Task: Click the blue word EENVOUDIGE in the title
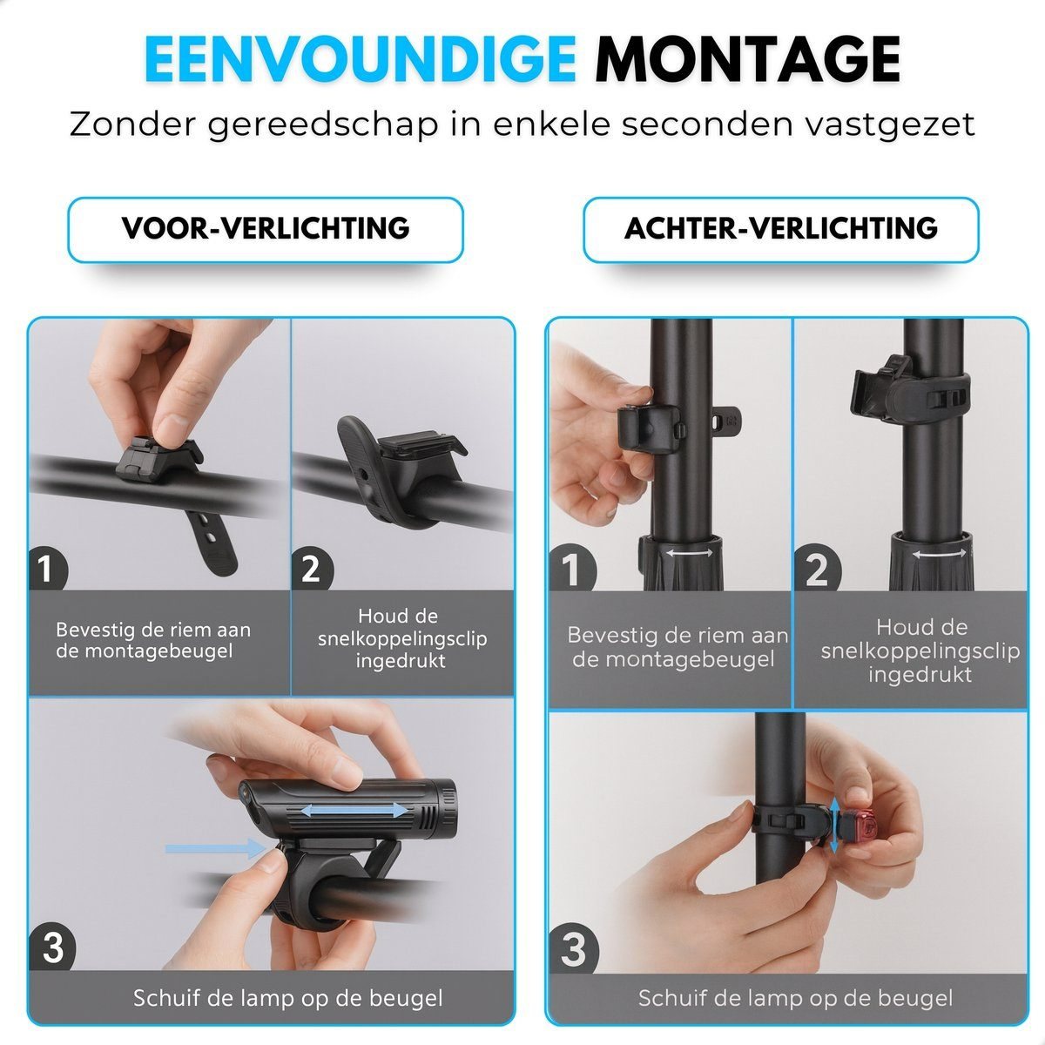(360, 60)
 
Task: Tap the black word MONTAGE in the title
(748, 60)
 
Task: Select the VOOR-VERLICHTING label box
(266, 229)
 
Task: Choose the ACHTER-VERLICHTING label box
(781, 229)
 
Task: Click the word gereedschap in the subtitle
(323, 125)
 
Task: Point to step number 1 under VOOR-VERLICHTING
(47, 569)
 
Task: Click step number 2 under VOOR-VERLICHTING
(311, 569)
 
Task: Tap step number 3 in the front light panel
(52, 947)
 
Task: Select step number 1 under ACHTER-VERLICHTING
(571, 569)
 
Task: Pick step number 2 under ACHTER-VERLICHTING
(817, 569)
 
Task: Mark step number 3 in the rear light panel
(573, 949)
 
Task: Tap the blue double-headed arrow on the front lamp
(354, 811)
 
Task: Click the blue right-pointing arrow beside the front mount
(215, 848)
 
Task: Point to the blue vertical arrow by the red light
(834, 833)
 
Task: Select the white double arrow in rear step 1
(689, 553)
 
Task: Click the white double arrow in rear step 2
(940, 554)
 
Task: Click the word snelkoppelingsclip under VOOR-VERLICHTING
(402, 639)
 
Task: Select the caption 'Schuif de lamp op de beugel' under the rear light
(795, 998)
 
